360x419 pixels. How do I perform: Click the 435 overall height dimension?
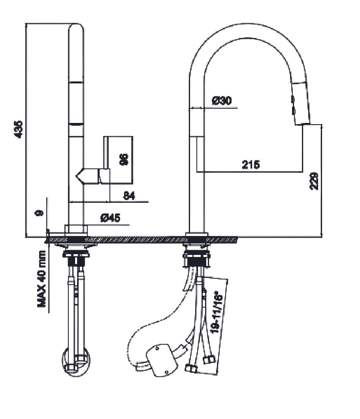(x=18, y=130)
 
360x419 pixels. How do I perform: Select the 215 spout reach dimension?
(x=251, y=164)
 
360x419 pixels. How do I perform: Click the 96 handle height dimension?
(x=124, y=160)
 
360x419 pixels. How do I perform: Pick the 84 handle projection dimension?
(x=129, y=195)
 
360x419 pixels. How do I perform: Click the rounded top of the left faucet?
(x=76, y=29)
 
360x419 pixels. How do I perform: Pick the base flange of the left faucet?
(x=75, y=230)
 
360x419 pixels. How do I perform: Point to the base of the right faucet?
(x=196, y=234)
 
